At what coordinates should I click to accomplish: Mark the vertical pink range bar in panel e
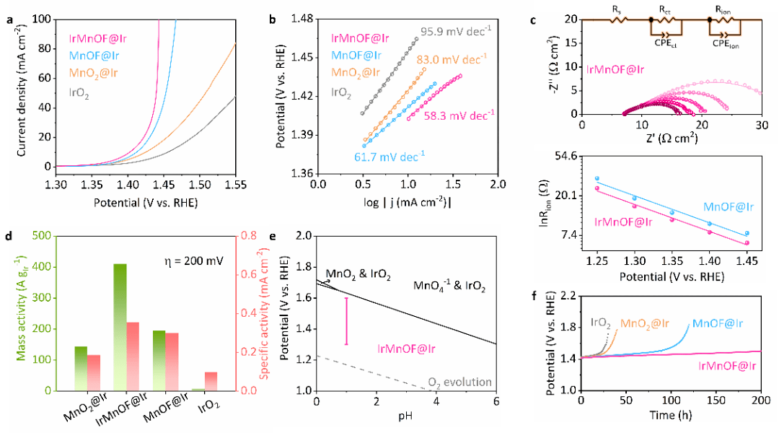click(346, 320)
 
